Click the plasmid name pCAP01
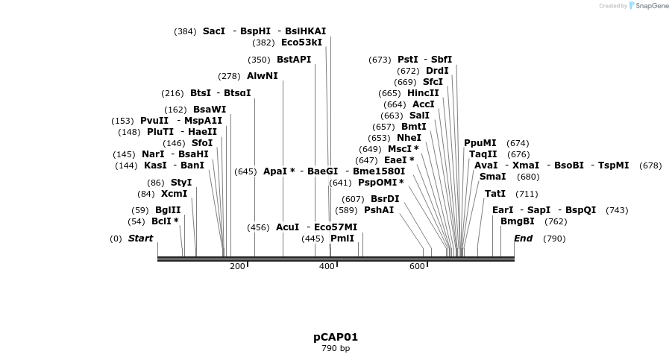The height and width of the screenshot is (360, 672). [336, 337]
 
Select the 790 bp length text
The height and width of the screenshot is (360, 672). [336, 348]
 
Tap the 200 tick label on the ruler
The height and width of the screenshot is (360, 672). [237, 266]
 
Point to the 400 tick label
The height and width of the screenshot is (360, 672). [327, 266]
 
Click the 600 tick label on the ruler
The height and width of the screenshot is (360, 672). [417, 266]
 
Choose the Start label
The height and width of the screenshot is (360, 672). [140, 239]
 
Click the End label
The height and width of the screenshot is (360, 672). [523, 239]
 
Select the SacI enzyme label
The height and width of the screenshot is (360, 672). [213, 31]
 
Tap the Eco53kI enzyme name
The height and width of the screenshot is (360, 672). [301, 42]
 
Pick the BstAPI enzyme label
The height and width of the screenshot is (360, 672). [294, 60]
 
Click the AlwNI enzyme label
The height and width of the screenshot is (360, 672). [263, 76]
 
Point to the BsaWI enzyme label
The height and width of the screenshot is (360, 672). [210, 110]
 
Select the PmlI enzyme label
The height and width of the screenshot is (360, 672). [342, 239]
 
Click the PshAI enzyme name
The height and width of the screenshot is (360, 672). [379, 210]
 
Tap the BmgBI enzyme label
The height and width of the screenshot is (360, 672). [518, 221]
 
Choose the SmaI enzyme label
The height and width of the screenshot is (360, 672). [492, 177]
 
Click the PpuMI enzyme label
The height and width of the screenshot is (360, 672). [480, 143]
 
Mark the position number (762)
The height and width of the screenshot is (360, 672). [556, 221]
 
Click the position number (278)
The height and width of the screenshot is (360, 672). [229, 76]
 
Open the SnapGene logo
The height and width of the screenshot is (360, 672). [646, 6]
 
